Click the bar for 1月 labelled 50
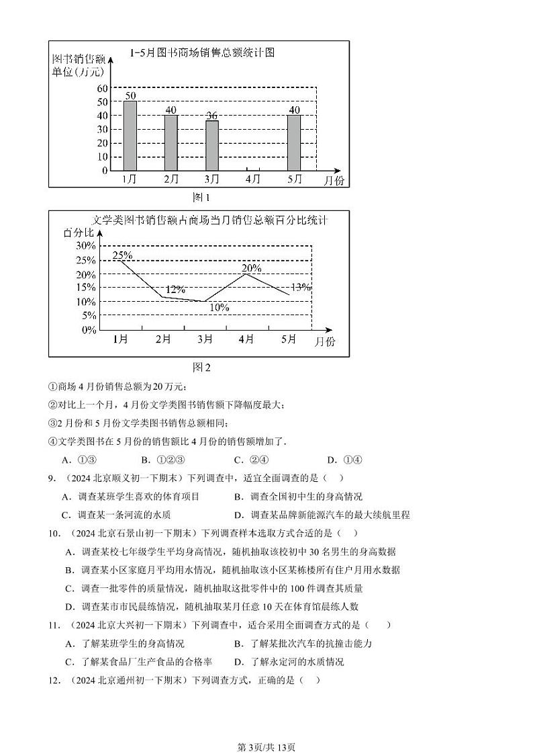(x=130, y=135)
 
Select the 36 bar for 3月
(x=212, y=145)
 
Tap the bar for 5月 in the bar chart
(x=294, y=142)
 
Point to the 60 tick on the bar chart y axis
(x=101, y=88)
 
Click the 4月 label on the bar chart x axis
(x=253, y=179)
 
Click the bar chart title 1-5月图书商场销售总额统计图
(x=203, y=53)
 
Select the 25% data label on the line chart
(x=122, y=255)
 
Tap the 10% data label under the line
(x=219, y=308)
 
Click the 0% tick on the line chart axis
(x=89, y=330)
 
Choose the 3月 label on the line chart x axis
(x=205, y=339)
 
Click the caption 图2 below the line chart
(x=201, y=367)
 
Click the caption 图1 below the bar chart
(x=201, y=198)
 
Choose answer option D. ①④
(x=344, y=460)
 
